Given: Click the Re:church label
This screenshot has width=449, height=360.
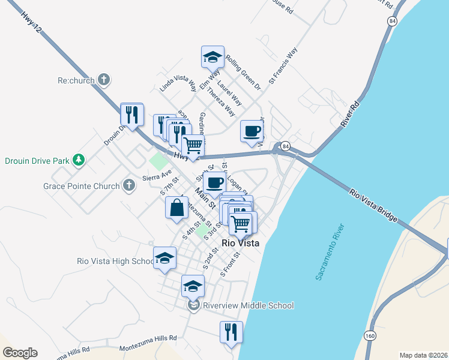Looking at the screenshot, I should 76,79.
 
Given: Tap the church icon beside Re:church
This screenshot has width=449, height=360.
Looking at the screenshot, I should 104,79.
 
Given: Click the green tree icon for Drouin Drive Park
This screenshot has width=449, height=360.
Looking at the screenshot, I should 77,160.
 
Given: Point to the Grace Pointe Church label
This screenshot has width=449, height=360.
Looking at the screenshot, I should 81,186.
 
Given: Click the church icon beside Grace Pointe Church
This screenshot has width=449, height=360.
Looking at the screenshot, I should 128,185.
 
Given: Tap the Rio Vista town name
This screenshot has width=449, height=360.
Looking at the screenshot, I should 241,243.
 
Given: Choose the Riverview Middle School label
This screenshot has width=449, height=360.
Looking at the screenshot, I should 248,305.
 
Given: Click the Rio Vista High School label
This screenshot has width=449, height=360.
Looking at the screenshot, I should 116,261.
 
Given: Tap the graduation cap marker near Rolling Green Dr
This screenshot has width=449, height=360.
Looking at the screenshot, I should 212,57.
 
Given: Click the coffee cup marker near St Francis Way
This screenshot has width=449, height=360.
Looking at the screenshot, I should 252,131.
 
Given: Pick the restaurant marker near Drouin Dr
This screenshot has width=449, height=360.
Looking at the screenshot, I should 132,114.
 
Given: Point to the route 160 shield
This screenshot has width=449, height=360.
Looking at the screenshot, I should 370,335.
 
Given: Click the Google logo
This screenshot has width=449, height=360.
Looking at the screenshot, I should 20,353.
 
